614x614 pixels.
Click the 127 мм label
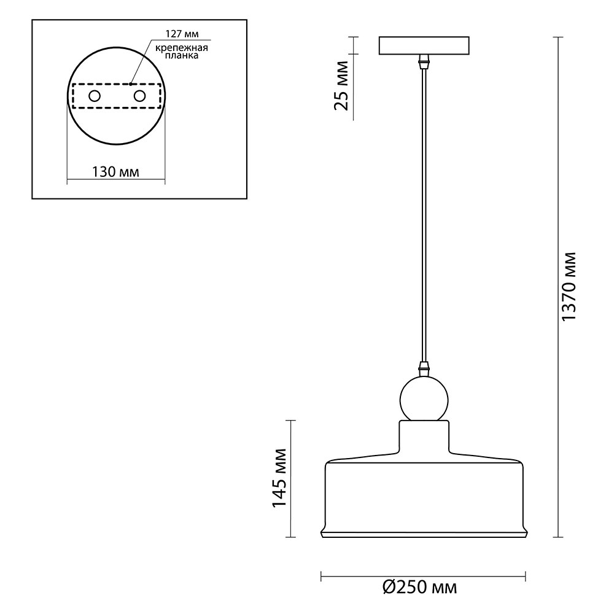point(182,34)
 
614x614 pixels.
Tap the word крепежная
point(182,48)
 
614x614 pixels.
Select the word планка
point(182,56)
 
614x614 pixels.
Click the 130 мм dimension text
point(115,171)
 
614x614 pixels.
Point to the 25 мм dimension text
point(341,86)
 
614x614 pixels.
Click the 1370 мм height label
point(569,287)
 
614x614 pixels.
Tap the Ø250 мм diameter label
point(419,588)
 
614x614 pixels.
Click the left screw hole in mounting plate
point(95,96)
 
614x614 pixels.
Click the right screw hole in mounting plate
point(139,96)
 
